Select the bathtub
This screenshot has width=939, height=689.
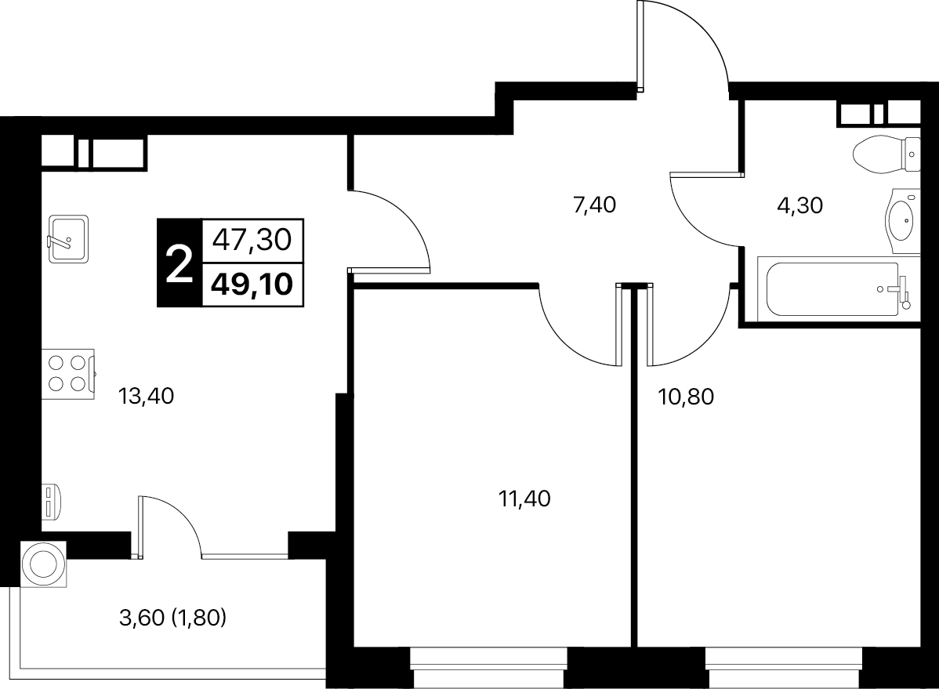[839, 288]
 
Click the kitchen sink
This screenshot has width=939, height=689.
[68, 238]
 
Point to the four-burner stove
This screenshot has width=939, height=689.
[68, 374]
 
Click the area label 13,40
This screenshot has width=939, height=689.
[146, 396]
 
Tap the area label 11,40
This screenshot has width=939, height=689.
[524, 499]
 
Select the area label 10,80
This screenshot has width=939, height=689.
[687, 397]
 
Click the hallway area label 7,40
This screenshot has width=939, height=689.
[595, 205]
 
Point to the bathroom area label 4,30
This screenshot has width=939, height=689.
[800, 205]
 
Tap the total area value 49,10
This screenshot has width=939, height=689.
[252, 284]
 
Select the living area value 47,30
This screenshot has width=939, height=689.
[252, 241]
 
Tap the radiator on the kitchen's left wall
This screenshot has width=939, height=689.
[50, 502]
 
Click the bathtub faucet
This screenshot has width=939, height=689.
[902, 292]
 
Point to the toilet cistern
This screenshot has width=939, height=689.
[912, 154]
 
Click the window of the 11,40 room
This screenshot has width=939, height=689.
[488, 667]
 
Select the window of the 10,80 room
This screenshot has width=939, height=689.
[784, 667]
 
